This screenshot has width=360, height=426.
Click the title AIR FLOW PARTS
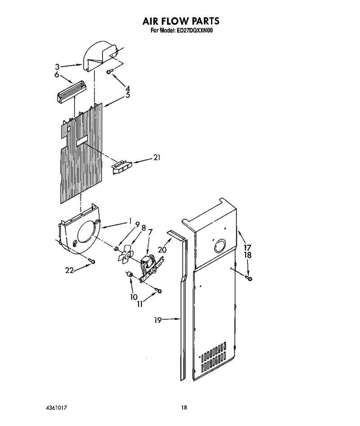181,21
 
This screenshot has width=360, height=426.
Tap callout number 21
157,157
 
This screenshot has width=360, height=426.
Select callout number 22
70,270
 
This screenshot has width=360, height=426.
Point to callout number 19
158,320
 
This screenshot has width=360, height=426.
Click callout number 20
162,249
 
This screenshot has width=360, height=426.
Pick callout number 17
247,247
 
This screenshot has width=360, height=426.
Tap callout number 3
57,67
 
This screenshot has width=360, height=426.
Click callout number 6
57,74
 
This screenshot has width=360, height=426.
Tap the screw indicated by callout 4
109,72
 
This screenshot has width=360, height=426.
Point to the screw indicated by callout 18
248,278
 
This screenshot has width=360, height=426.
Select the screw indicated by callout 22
91,261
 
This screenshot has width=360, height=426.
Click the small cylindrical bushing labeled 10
129,274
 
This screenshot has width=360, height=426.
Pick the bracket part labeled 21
122,167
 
